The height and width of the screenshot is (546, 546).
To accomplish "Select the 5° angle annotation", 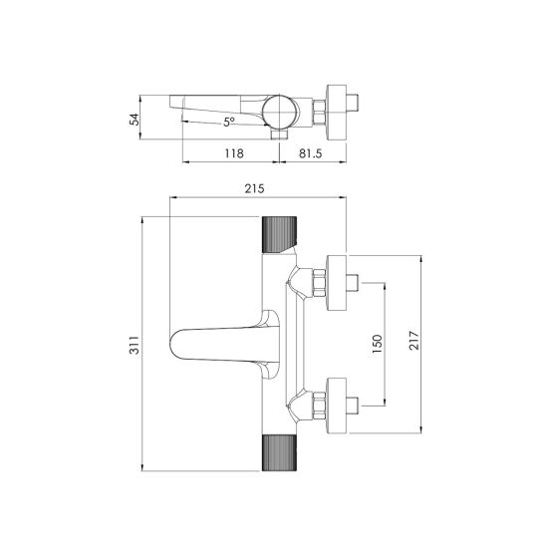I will [228, 123].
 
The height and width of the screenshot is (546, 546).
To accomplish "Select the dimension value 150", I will [377, 343].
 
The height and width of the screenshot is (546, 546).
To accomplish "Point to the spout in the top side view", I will [214, 105].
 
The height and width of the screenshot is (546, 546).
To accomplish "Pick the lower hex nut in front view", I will [318, 405].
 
